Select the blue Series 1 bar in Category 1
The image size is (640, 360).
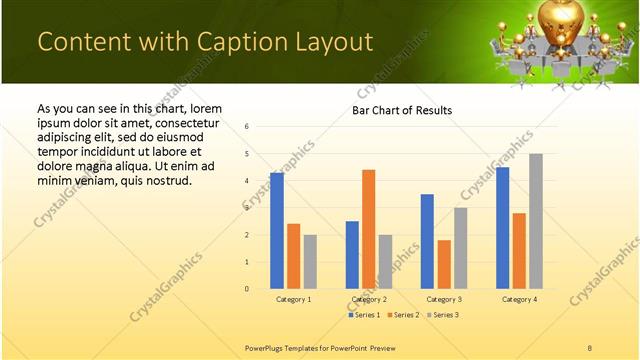coord(277,231)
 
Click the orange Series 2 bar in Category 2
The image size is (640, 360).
coord(368,229)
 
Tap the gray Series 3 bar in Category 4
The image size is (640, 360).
coord(536,221)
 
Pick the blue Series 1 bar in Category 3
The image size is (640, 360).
coord(427,241)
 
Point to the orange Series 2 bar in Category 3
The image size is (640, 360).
coord(444,264)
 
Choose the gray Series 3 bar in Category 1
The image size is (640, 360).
coord(310,261)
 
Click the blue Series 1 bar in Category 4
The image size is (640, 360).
coord(502,228)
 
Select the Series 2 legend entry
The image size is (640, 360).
coord(403,315)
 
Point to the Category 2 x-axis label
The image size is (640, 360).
coord(368,299)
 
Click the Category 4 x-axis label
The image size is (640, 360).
coord(519,299)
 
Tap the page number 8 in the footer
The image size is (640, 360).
coord(589,347)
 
